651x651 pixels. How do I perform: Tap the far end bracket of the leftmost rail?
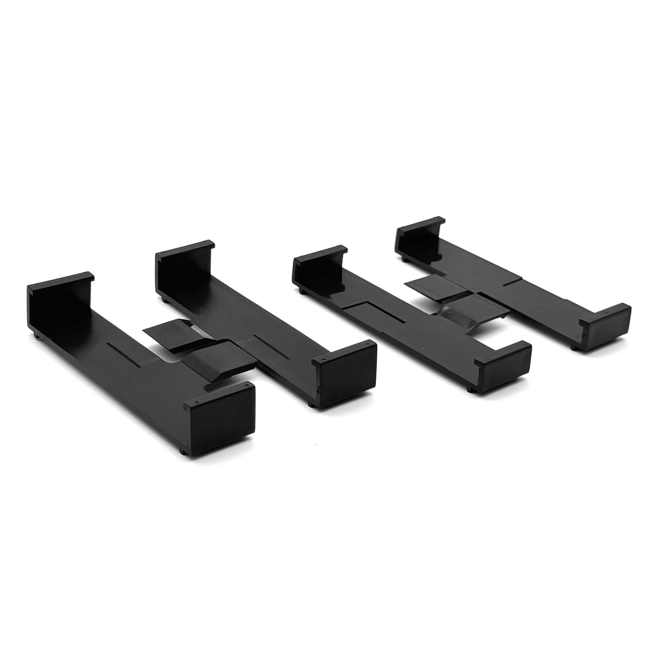click(57, 295)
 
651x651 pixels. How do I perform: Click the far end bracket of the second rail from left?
click(182, 258)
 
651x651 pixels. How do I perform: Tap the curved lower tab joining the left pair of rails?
click(218, 358)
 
